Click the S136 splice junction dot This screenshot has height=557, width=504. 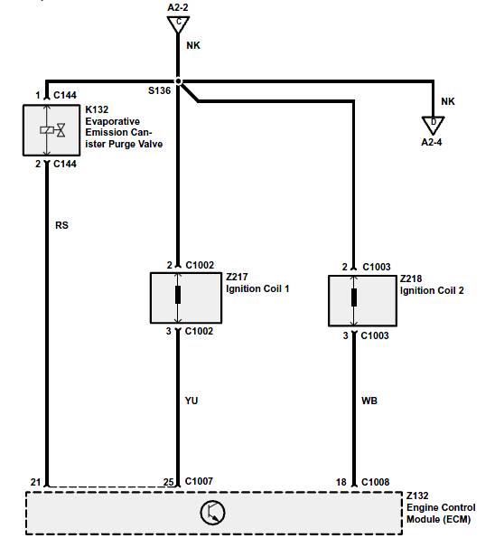tap(179, 81)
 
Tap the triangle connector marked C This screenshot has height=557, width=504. tap(178, 24)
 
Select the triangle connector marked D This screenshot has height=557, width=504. tap(434, 125)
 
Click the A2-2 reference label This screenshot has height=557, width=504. tap(178, 7)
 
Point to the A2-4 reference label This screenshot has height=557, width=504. tap(432, 142)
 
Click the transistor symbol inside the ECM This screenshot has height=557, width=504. tap(212, 513)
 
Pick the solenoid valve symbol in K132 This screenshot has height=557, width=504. tap(52, 130)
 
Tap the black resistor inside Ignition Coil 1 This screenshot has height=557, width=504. tap(178, 295)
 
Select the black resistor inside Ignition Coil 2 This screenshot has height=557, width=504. tap(354, 297)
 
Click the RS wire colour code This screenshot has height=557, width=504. tap(61, 225)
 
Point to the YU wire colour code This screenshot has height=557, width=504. tap(191, 401)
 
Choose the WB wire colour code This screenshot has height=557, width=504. tap(369, 401)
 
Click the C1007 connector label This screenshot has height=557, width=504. tap(199, 481)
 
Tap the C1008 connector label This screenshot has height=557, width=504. tap(375, 482)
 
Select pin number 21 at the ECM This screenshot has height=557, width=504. tap(35, 482)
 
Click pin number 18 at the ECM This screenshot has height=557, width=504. tap(341, 482)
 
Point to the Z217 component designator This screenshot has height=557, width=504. tap(237, 277)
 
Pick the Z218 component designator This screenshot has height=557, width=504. tap(411, 278)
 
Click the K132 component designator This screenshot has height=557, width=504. tap(97, 109)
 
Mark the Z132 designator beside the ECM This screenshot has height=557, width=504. tap(417, 496)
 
